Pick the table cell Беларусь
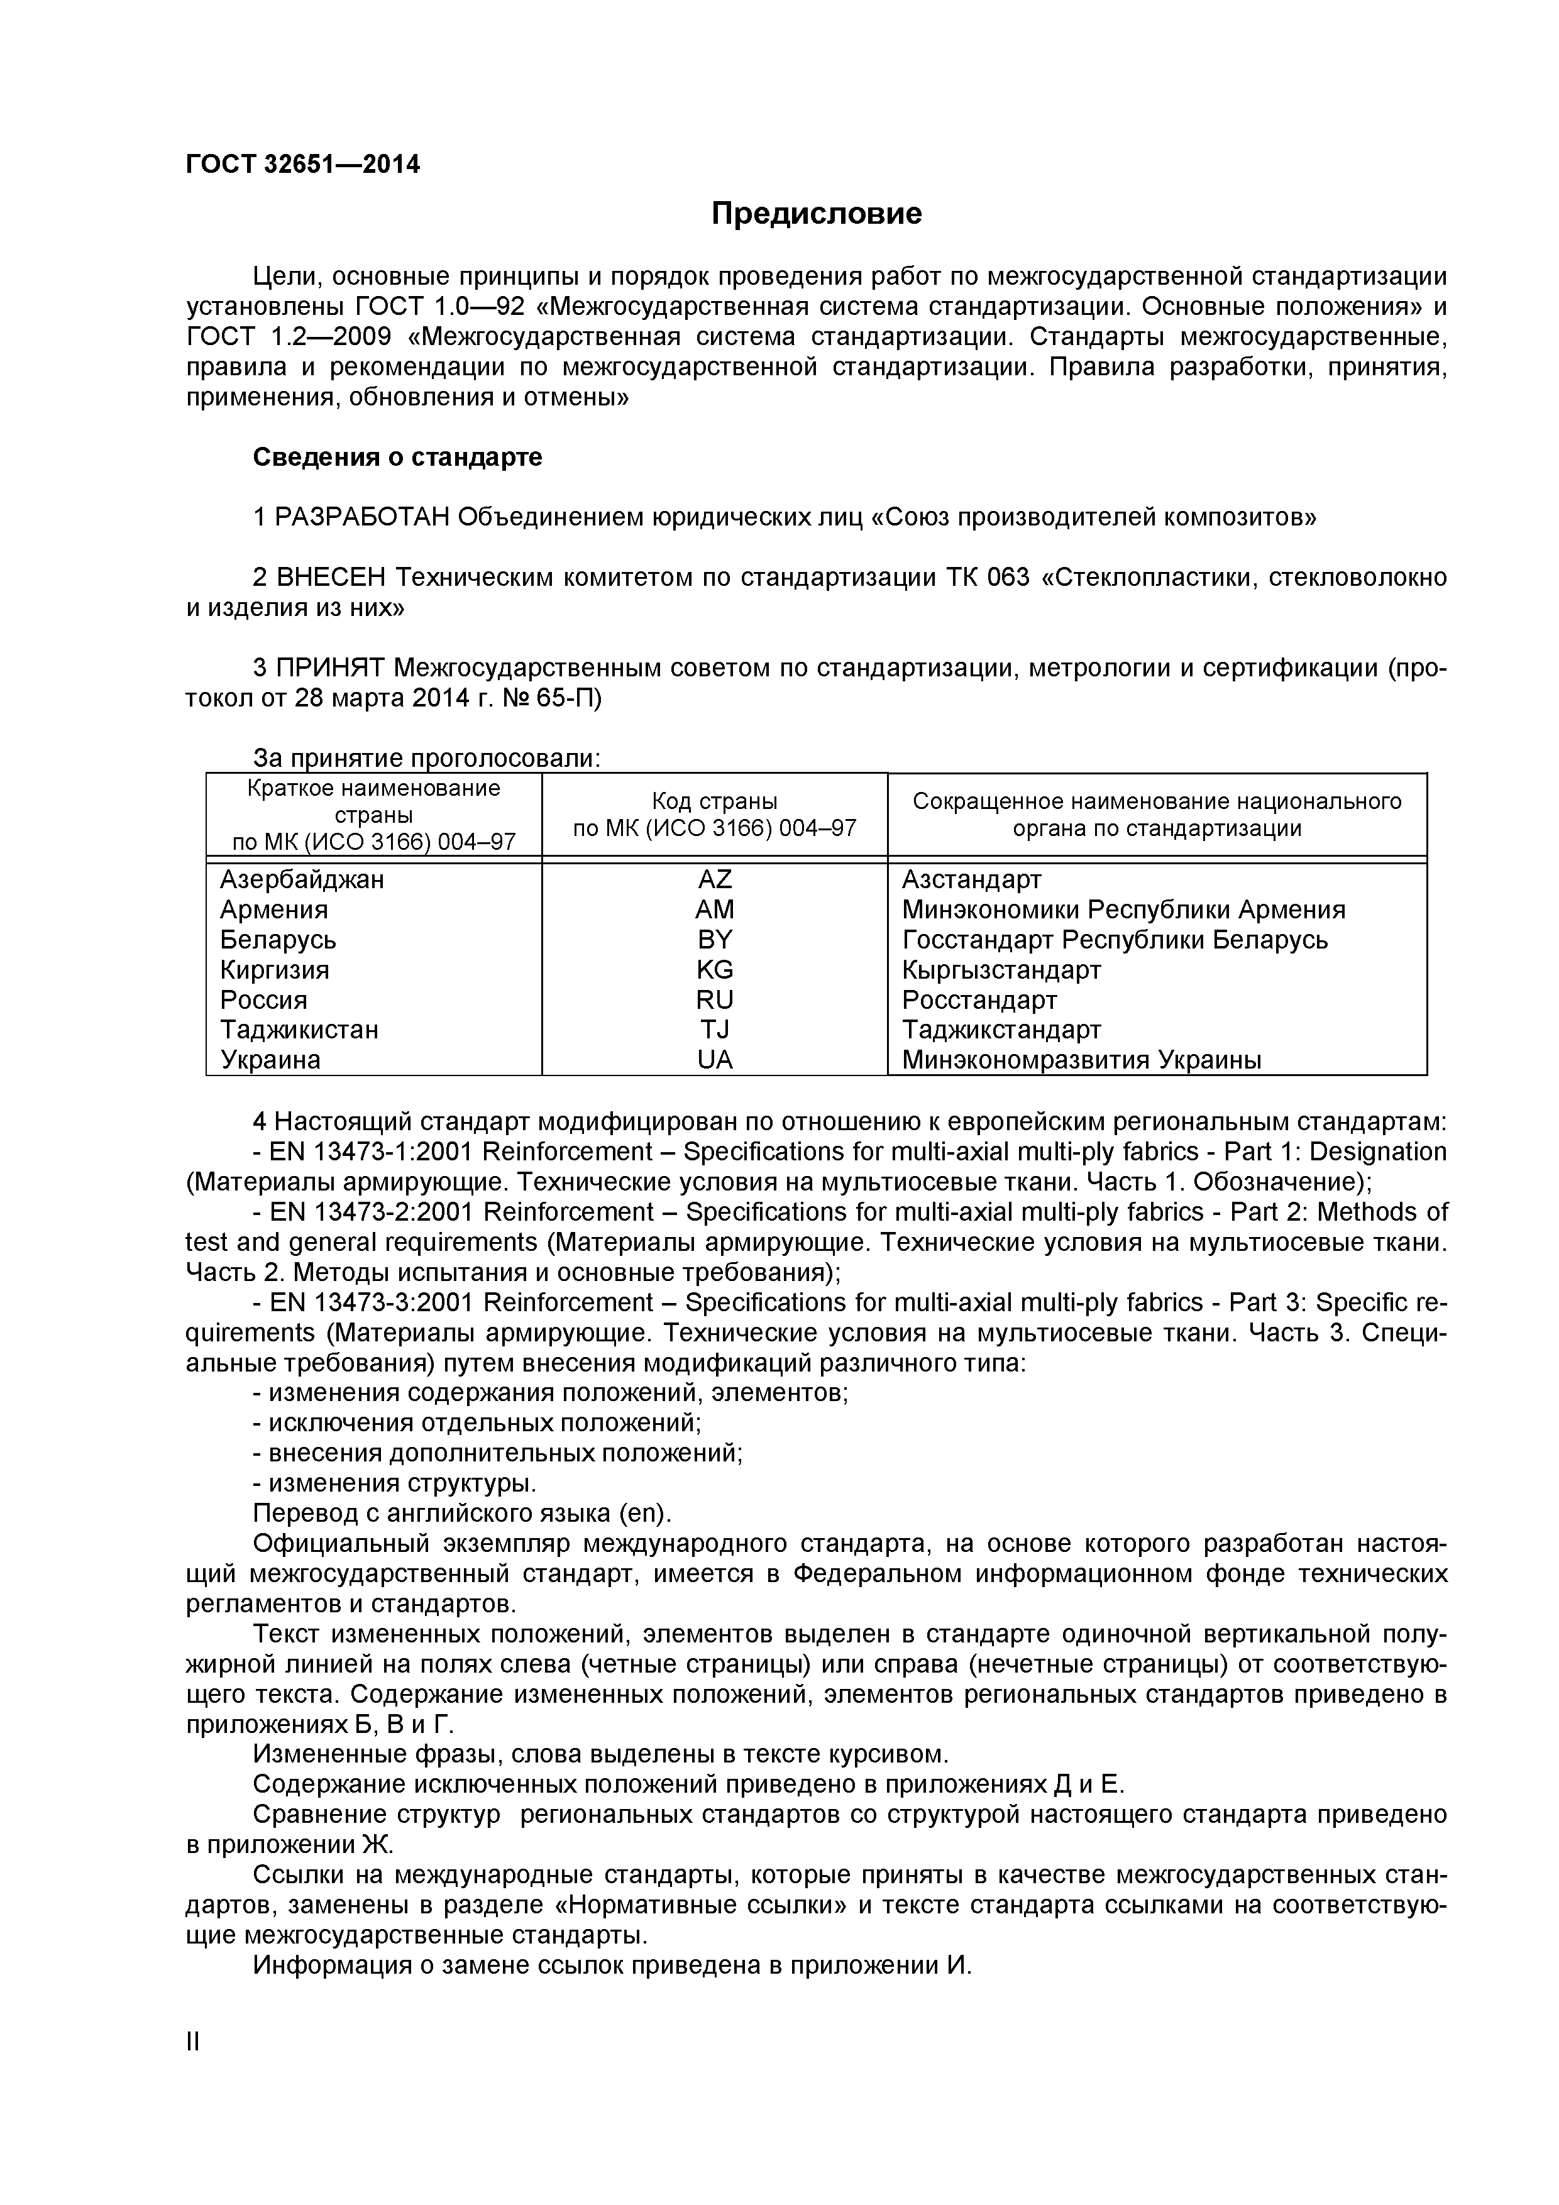click(x=278, y=939)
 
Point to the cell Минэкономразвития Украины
click(x=1081, y=1060)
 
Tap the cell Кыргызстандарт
click(x=1001, y=969)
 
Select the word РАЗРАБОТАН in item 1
click(x=362, y=518)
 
